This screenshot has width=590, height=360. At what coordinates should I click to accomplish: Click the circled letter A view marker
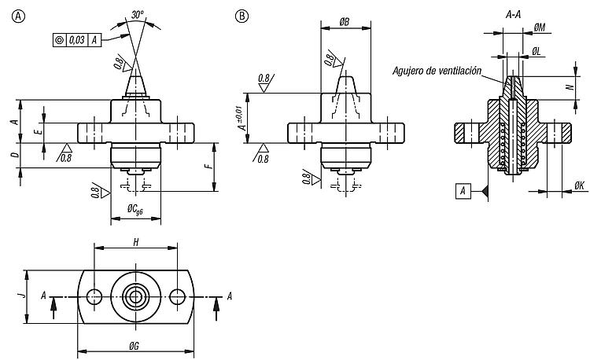point(18,17)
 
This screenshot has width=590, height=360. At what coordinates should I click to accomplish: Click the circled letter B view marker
point(242,17)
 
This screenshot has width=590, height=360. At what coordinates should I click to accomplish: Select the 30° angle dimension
point(138,15)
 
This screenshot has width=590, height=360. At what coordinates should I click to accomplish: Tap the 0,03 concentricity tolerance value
point(77,40)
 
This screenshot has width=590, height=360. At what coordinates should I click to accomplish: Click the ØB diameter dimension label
point(345,22)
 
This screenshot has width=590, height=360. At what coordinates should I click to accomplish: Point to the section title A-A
point(513,15)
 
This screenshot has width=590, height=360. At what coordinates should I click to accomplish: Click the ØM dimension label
point(540,28)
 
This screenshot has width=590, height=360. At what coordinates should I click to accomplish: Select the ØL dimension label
point(537,52)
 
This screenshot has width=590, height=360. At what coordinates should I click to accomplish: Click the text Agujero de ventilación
point(437,71)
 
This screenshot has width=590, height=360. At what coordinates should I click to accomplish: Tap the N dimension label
point(570,86)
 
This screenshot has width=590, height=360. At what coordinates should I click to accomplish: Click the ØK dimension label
point(580,186)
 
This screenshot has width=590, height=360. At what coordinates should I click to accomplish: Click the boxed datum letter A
point(463,191)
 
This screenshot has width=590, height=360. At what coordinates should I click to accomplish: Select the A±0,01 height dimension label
point(243,117)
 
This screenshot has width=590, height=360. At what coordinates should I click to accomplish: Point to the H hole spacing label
point(136,242)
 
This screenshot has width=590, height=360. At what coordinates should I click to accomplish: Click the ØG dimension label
point(134,346)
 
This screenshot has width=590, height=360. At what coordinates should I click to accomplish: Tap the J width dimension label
point(24,293)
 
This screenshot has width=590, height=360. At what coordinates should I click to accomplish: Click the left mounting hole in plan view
point(94,297)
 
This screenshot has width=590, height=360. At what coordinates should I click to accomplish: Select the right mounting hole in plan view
point(177,297)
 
